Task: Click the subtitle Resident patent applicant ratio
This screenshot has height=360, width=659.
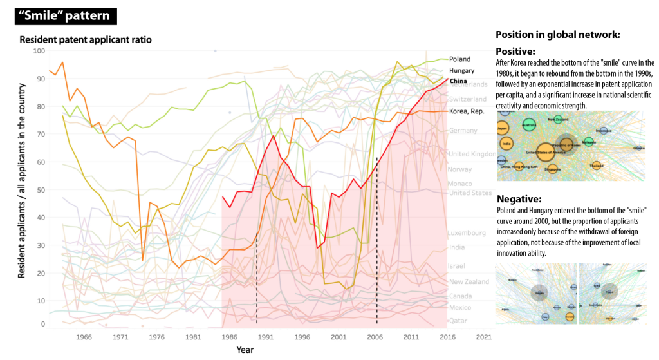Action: click(86, 39)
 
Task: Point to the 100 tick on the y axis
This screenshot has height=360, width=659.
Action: click(39, 51)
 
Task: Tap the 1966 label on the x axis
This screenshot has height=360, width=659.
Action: click(84, 337)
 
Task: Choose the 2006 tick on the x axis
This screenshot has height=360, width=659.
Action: click(376, 337)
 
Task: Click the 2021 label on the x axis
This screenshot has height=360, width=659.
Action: click(484, 337)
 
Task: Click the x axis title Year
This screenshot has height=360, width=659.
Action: click(245, 350)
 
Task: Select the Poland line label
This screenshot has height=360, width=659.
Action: click(459, 59)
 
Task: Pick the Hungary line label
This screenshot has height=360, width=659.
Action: click(461, 70)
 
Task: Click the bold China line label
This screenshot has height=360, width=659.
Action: click(458, 81)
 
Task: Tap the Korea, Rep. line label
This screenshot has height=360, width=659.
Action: click(467, 111)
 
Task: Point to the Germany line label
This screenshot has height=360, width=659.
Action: click(463, 131)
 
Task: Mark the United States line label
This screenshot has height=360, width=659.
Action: click(470, 193)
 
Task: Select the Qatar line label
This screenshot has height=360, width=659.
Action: click(458, 320)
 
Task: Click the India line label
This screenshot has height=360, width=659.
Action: click(456, 247)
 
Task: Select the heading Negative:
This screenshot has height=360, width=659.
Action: click(519, 199)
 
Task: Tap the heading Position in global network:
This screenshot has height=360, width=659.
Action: click(557, 35)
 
